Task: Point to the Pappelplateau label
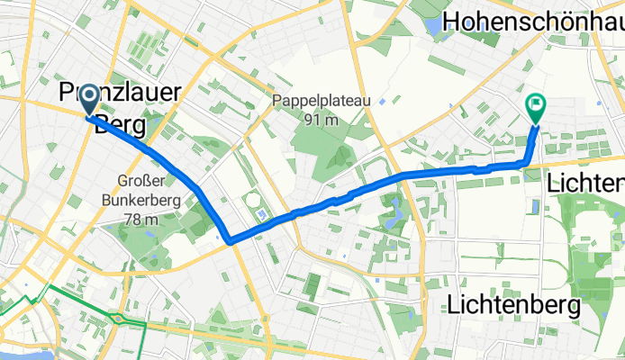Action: point(319,102)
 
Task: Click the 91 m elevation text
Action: point(320,120)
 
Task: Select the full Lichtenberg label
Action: point(513,306)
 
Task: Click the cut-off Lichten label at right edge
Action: point(585,184)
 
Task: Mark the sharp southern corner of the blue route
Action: point(230,240)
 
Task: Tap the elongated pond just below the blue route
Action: point(394,212)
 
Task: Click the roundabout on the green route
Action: point(117,318)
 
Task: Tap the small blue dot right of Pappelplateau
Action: point(384,99)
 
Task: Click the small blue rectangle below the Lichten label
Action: point(536,207)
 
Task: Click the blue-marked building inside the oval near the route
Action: point(260,215)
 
